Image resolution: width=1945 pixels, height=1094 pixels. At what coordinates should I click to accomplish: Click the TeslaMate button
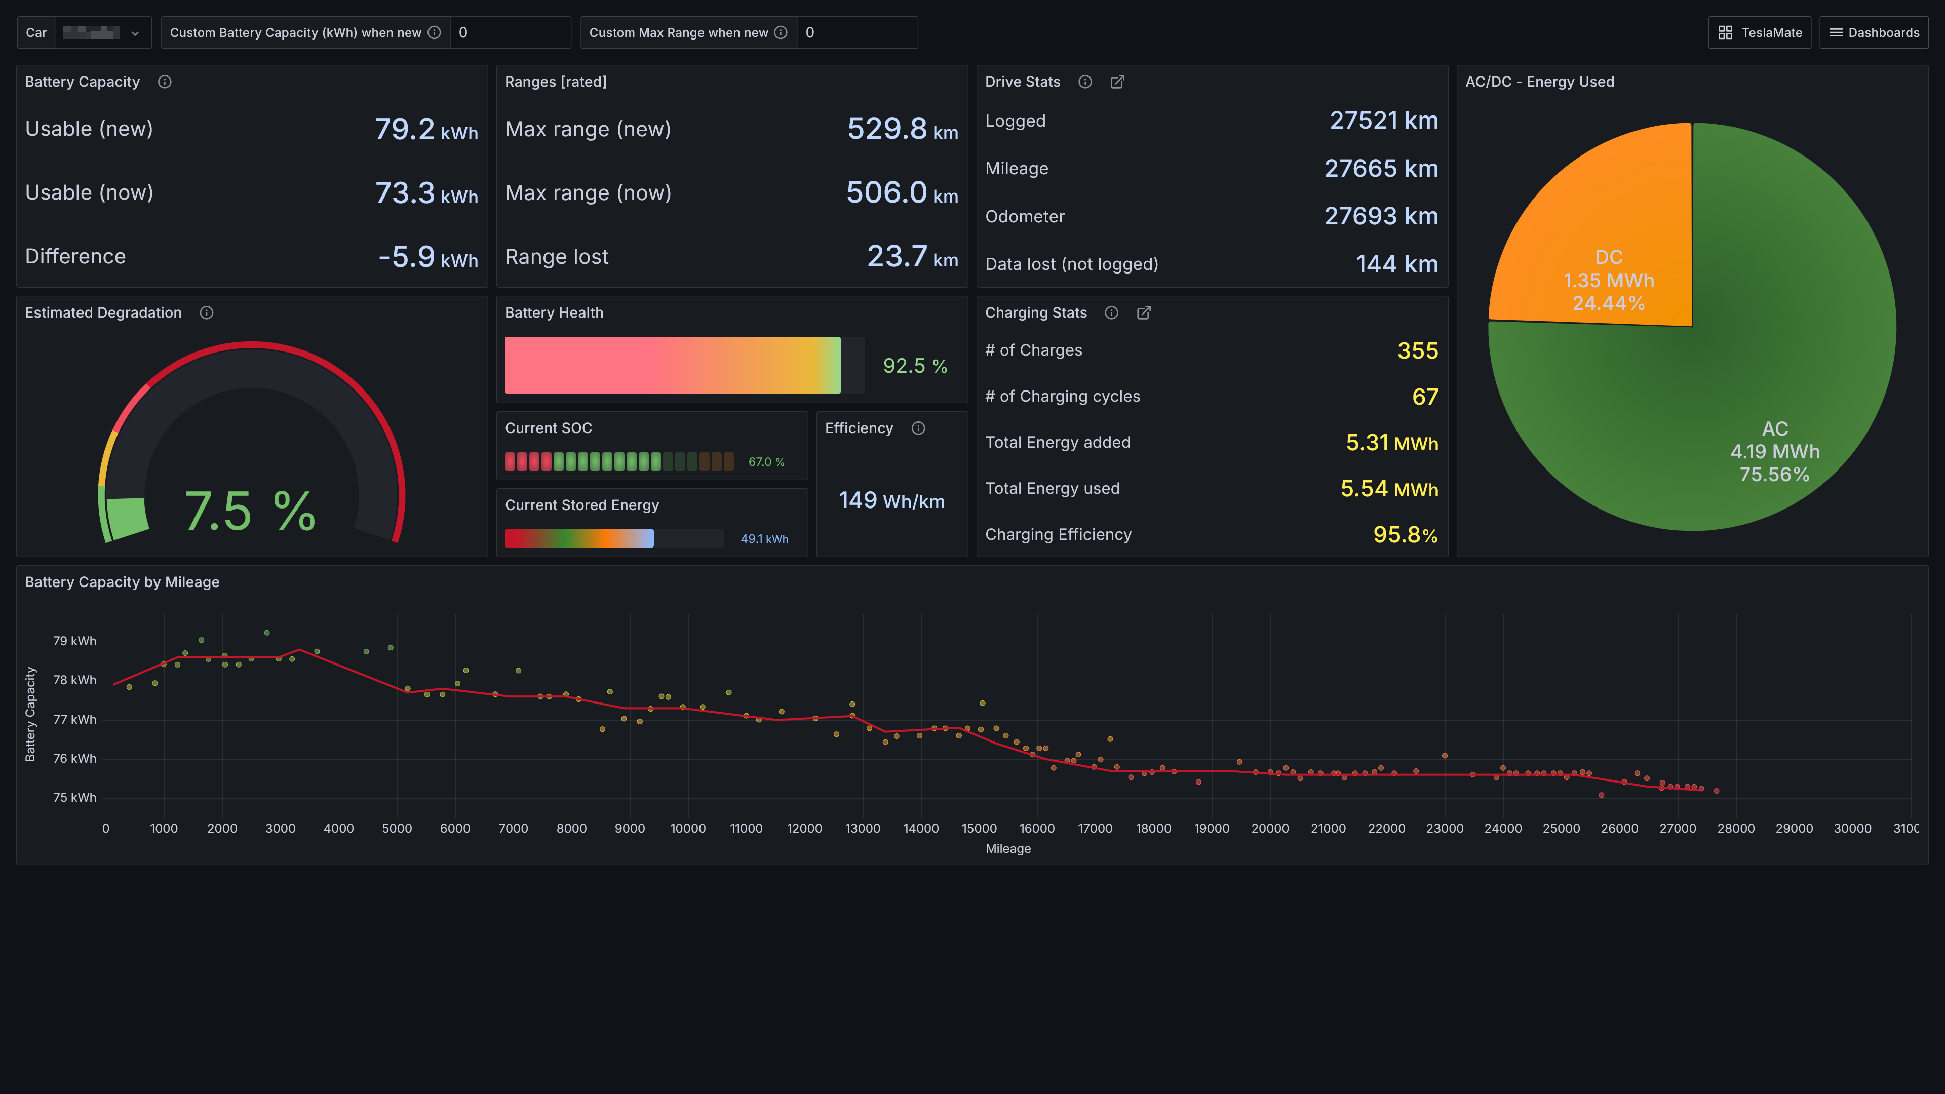[x=1759, y=32]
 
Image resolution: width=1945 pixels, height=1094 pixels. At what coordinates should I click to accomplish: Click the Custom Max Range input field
[x=856, y=32]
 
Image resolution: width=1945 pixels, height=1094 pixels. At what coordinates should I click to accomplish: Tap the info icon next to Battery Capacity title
[x=165, y=82]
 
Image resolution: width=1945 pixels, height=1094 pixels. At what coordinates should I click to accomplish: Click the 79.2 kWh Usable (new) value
[x=426, y=129]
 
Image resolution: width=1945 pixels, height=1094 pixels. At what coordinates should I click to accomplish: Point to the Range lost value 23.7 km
[x=912, y=257]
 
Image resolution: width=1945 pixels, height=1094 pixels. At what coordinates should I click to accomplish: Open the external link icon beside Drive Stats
[x=1117, y=82]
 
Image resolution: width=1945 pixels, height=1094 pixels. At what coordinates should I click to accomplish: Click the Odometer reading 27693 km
[x=1381, y=217]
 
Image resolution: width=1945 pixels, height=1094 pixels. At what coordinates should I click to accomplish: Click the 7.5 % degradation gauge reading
[x=250, y=511]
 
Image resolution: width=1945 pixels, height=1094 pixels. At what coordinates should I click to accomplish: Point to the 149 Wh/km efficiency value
[x=891, y=500]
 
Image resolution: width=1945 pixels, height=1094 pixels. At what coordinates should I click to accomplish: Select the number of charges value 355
[x=1417, y=350]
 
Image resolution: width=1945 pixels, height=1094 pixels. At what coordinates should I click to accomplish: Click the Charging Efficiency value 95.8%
[x=1405, y=534]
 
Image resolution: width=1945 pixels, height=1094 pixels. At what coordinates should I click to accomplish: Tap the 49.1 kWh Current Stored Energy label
[x=764, y=539]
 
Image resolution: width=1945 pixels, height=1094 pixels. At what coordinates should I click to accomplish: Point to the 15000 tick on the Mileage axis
[x=979, y=828]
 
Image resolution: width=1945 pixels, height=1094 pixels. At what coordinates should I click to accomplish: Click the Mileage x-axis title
[x=1008, y=849]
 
